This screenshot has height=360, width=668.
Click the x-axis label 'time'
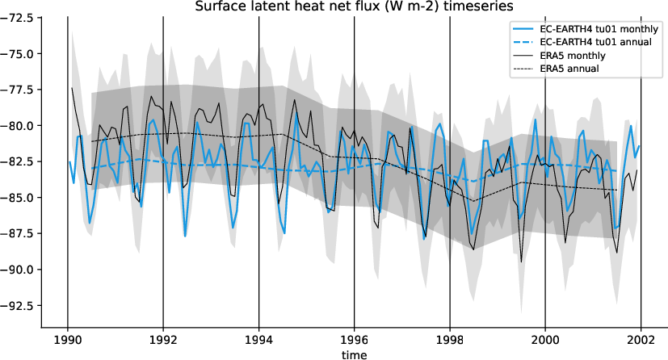pyautogui.click(x=354, y=354)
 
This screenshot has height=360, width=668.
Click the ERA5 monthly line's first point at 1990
pyautogui.click(x=72, y=88)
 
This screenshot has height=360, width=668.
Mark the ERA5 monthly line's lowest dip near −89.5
pyautogui.click(x=522, y=262)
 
